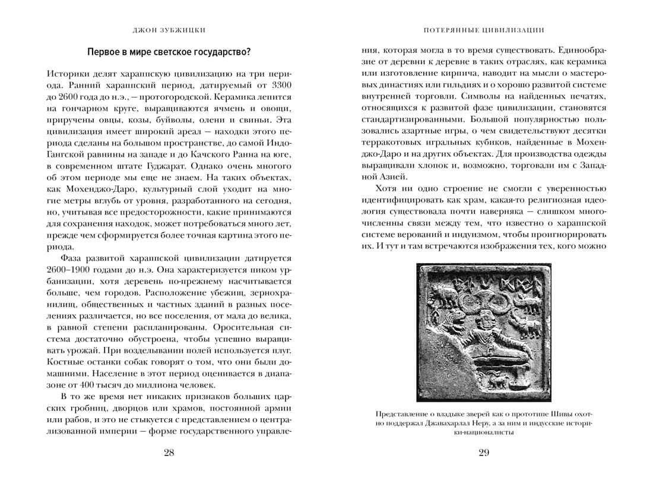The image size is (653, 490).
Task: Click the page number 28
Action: tap(169, 453)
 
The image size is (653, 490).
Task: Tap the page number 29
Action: tap(484, 453)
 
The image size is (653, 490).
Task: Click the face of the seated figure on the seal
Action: tap(484, 321)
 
